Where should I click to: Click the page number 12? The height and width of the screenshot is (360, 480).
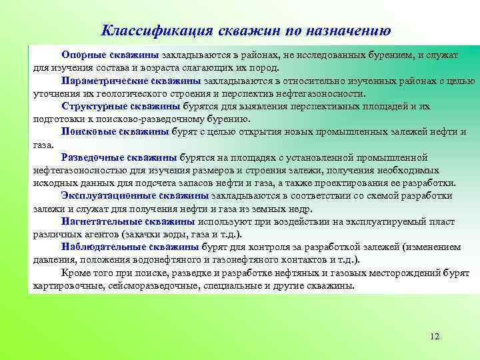[x=435, y=336]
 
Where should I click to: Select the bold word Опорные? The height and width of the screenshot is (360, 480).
[x=83, y=55]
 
